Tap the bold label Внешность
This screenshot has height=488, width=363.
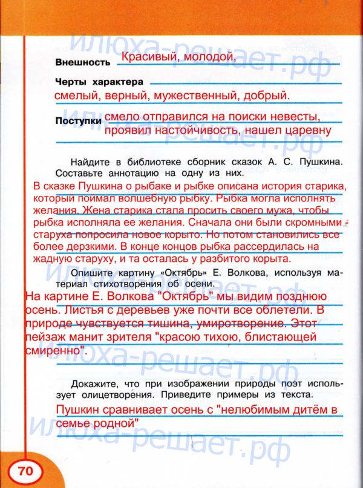click(82, 62)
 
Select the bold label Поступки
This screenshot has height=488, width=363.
click(77, 121)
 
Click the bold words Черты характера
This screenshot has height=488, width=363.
click(99, 80)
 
